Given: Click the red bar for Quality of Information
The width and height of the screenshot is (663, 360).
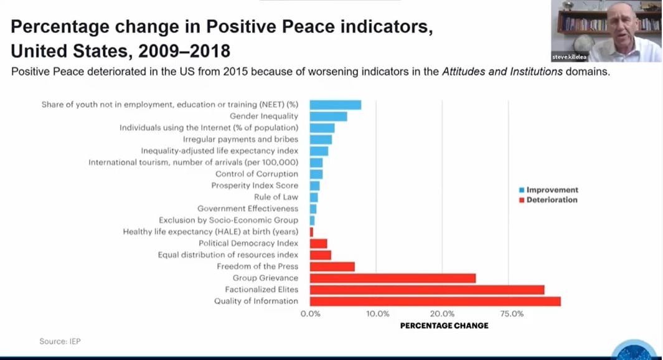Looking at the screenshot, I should pos(435,301).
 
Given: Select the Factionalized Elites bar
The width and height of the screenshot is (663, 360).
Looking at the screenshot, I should pos(427,290).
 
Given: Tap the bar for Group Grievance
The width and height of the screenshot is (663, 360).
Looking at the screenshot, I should pos(393,278).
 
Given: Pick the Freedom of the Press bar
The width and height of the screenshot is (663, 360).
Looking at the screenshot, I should pos(332,267).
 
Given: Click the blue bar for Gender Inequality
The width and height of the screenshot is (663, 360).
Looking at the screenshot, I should pos(329,116).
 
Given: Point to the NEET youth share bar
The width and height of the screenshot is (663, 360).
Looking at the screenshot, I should pos(336,105).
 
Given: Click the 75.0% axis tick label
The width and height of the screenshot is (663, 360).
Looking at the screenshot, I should pos(512,314).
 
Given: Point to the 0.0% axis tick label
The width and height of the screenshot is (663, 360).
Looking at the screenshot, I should pos(311,314).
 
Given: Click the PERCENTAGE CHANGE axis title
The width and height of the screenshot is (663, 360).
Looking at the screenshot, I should pos(444,326).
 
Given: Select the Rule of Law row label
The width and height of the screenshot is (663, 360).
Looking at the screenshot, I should pos(276,197).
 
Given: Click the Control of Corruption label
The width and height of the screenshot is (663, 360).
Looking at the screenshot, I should pos(256,174).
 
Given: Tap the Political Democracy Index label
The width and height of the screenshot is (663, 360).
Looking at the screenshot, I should pos(248,244).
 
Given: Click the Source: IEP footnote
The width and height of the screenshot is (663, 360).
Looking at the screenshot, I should pos(60,341).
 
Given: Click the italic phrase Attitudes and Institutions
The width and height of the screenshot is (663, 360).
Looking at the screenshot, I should pos(502,72).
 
